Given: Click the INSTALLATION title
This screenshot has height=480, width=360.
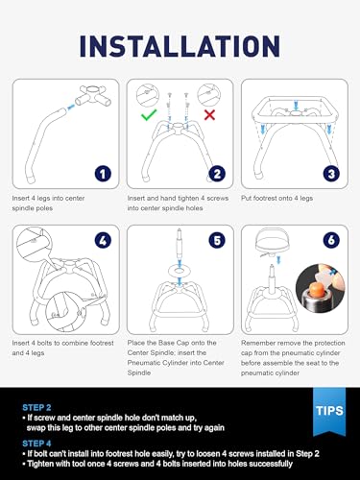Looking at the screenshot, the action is tap(180, 47).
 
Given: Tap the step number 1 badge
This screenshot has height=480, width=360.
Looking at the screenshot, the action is tap(103, 174).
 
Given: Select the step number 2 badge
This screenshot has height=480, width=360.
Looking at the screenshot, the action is tap(217, 174).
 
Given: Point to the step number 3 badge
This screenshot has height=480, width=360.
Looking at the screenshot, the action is tap(331, 174).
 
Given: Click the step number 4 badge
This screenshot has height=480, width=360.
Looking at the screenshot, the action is tap(103, 240).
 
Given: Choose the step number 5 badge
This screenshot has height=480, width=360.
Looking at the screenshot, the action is tap(217, 240).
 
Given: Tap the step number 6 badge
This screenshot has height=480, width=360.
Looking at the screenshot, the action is tap(331, 240).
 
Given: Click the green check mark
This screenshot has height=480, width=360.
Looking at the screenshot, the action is tap(149, 114).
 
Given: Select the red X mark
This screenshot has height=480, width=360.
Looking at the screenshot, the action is tap(209, 115).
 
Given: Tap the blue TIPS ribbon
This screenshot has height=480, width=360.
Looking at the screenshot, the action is tap(329, 411).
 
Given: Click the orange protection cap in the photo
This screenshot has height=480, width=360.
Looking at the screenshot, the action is tap(316, 291).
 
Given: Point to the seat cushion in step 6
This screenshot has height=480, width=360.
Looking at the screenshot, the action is tap(272, 240).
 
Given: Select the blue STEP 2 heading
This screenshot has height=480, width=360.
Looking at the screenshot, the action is tap(36, 408).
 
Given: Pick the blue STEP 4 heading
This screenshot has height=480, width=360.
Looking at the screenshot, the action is tap(36, 444).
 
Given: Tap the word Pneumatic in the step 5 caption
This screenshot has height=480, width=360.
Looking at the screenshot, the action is tap(144, 363).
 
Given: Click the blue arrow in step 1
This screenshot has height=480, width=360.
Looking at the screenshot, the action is tap(71, 108).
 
